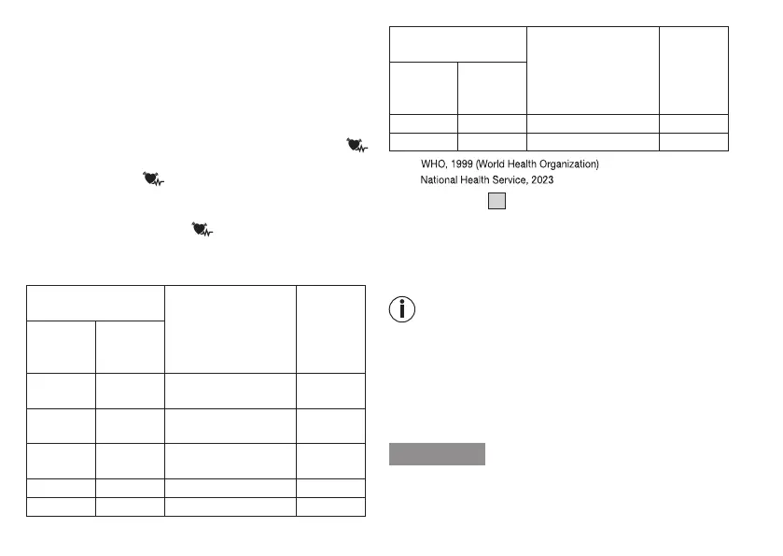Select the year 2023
(542, 179)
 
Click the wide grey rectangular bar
(437, 454)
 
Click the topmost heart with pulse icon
(355, 145)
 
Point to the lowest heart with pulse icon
(201, 227)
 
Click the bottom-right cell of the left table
(330, 506)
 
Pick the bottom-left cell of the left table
(61, 506)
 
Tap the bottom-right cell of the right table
(693, 141)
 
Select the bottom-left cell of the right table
(423, 141)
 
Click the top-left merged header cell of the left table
(95, 303)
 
